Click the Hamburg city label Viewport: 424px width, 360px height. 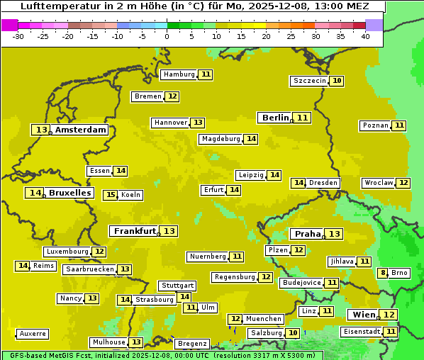179,74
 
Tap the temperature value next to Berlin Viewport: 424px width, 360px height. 303,118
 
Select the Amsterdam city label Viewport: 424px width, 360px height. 81,130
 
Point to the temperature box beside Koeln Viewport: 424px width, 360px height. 110,195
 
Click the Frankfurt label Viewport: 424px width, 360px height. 135,231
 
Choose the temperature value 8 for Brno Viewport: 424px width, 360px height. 383,273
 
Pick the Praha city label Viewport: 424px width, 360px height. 308,234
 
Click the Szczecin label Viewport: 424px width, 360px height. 310,81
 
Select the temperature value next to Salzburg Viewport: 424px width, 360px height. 293,333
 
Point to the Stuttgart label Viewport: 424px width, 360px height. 177,286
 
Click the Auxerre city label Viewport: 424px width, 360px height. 33,333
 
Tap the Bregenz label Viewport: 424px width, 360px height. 192,344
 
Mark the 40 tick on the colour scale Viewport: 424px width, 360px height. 365,35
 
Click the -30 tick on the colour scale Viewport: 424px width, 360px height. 18,35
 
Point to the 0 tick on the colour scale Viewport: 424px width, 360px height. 167,35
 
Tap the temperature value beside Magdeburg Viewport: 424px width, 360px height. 251,139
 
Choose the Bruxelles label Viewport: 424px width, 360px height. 69,193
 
